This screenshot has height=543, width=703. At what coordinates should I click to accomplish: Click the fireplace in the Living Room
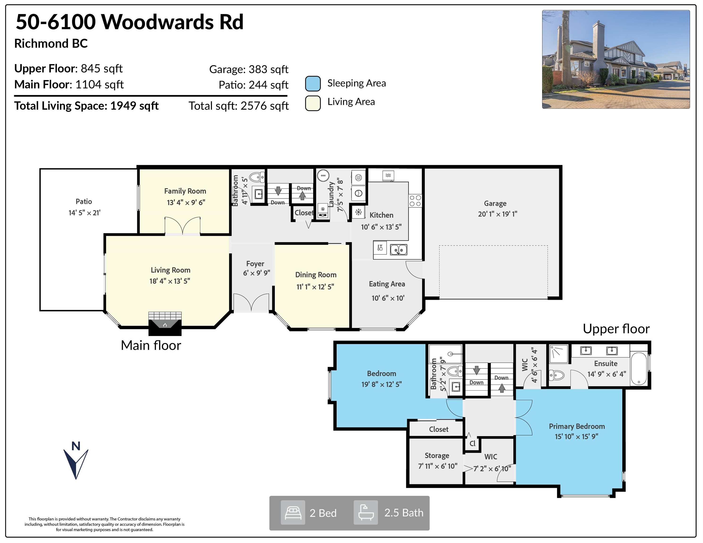click(165, 324)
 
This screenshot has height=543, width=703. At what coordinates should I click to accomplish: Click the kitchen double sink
click(399, 250)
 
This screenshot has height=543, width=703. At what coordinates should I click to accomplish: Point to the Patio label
click(84, 202)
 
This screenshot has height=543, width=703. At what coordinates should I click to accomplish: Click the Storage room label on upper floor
click(437, 456)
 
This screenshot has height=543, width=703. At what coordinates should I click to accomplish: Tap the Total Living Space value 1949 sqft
click(135, 106)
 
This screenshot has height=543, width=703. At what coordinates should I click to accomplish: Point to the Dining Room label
click(316, 275)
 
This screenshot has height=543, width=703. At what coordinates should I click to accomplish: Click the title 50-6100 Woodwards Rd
click(130, 22)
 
